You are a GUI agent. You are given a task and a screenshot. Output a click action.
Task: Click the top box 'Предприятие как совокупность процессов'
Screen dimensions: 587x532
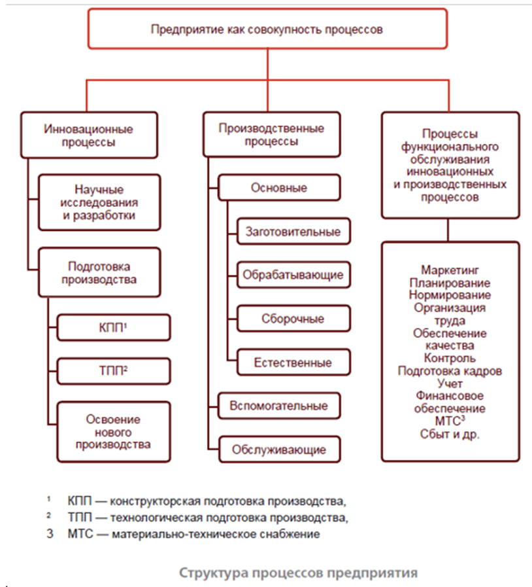pos(267,29)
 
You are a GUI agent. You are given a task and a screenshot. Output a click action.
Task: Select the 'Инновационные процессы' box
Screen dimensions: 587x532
pos(89,135)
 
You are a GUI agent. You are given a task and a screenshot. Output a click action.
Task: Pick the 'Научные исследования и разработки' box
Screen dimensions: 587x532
pos(99,202)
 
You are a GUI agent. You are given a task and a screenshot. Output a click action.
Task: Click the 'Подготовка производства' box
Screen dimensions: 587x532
pos(99,273)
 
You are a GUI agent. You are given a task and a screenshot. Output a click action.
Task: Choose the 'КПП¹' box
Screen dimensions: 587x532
pos(113,328)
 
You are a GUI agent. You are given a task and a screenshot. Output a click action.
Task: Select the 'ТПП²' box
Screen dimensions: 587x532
pos(113,370)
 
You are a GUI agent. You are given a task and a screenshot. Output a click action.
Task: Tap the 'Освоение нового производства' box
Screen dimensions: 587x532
pos(113,432)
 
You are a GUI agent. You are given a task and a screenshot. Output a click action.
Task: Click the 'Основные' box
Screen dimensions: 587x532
pos(279,188)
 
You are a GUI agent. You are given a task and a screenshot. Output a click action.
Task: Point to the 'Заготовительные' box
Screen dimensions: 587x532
pos(292,232)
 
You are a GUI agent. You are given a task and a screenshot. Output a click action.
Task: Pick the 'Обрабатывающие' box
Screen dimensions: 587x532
pos(292,275)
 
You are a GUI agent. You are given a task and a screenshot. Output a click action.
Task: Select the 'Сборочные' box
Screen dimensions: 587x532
pos(292,319)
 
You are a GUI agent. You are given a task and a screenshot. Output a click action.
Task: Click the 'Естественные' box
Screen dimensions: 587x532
pos(292,363)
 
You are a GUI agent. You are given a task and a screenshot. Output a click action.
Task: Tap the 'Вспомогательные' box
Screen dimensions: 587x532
pos(278,405)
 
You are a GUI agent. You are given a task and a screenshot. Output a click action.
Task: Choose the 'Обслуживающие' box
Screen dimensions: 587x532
pos(278,450)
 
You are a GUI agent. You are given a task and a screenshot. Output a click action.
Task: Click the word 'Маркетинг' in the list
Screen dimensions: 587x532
pos(450,270)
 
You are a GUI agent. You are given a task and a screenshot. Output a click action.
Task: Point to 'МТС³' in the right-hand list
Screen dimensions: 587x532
pos(450,421)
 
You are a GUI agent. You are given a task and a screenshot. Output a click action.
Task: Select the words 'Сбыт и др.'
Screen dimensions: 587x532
pos(450,433)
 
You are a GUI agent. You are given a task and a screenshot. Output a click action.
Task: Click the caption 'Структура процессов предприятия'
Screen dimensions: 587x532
pos(298,573)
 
